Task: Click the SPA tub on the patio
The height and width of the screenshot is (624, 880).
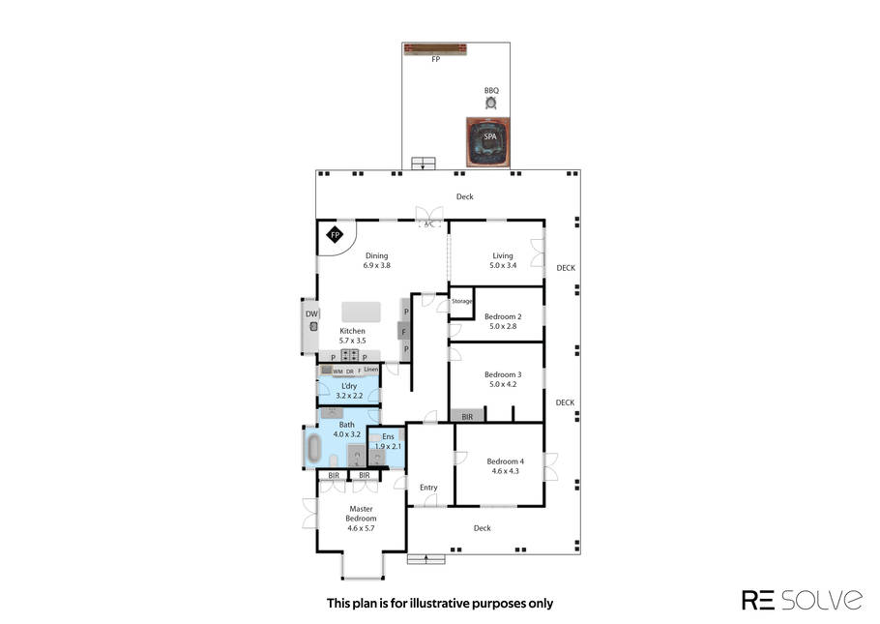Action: coord(488,142)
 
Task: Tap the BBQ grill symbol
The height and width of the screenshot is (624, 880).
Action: coord(491,103)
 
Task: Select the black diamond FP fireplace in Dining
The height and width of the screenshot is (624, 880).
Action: coord(335,235)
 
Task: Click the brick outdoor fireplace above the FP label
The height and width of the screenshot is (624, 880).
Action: coord(435,49)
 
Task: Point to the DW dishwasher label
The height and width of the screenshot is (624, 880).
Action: coord(311,314)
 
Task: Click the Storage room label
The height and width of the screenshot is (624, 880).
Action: coord(462,302)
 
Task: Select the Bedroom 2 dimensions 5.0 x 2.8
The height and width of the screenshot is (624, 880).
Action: coord(503,326)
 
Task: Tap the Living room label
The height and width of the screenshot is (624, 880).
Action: coord(503,255)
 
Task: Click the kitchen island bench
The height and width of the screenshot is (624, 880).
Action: coord(361,312)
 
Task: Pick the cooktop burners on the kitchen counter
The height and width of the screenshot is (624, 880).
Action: coord(350,355)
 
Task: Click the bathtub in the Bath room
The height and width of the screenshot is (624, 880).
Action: coord(313,447)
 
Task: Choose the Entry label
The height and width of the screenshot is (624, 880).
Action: coord(428,488)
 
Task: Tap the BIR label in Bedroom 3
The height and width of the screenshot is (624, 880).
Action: coord(467,417)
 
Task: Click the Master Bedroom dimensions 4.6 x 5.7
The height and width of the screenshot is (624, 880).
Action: coord(361,528)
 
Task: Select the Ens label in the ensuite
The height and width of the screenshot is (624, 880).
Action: coord(389,436)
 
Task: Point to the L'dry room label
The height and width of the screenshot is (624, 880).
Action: coord(349,386)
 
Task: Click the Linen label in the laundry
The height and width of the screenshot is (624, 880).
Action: coord(371,370)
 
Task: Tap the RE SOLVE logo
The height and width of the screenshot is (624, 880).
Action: coord(802,600)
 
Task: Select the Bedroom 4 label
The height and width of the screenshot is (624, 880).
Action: coord(505,461)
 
